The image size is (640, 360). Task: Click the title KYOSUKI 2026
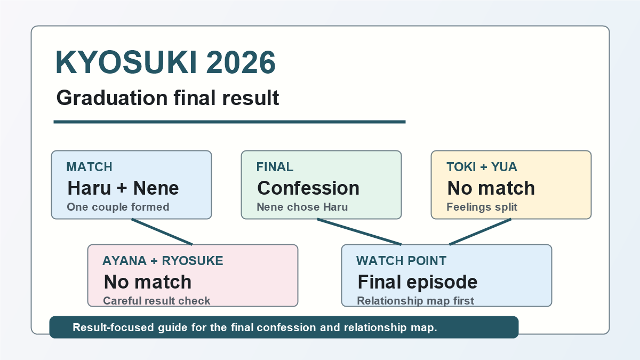point(165,62)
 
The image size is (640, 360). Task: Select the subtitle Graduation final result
point(167,98)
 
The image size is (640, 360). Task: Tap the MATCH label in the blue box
point(89,167)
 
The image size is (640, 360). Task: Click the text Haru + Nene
point(123,188)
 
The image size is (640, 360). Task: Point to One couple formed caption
point(118,207)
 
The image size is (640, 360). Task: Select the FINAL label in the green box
point(275,167)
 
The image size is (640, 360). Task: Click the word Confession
point(308,188)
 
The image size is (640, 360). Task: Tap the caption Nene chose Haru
point(302,207)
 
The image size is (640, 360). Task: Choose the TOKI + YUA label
point(482,167)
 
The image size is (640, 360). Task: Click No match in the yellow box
point(491,188)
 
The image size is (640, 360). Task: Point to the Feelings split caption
point(482,207)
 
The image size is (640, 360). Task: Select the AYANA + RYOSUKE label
point(163,261)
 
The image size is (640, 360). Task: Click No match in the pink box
point(148,282)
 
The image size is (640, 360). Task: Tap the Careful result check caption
point(157,301)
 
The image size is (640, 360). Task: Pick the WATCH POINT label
point(401,261)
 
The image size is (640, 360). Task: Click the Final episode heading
point(418,282)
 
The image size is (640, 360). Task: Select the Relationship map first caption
point(415,301)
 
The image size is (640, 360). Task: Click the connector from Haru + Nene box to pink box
point(162,231)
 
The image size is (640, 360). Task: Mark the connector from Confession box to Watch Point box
point(359,231)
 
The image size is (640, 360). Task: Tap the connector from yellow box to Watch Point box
point(481,231)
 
